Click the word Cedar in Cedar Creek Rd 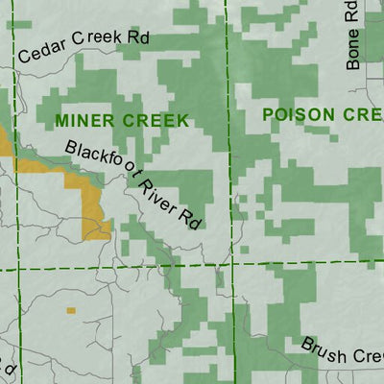[39, 51]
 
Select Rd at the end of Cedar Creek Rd [138, 37]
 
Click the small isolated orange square [70, 310]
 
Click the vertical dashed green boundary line [228, 144]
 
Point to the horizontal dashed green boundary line [115, 267]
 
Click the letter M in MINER [62, 121]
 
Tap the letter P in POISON [269, 114]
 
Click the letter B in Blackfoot [71, 148]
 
